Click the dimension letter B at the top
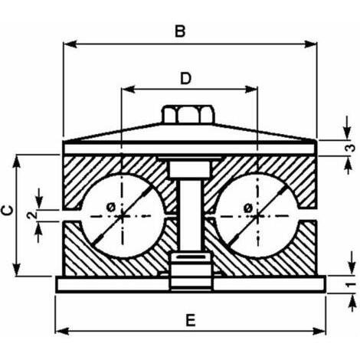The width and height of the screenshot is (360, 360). point(180,31)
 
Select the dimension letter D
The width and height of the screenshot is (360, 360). point(185,78)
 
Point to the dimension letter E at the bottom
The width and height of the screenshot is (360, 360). point(191,320)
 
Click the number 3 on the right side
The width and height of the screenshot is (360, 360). point(352,148)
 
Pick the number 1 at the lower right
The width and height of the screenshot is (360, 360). point(352,284)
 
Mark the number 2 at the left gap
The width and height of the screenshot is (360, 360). point(32,215)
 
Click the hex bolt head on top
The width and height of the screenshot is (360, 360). point(188,114)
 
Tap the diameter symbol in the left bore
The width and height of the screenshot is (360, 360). point(111,208)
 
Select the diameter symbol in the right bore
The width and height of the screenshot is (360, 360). point(247,208)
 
